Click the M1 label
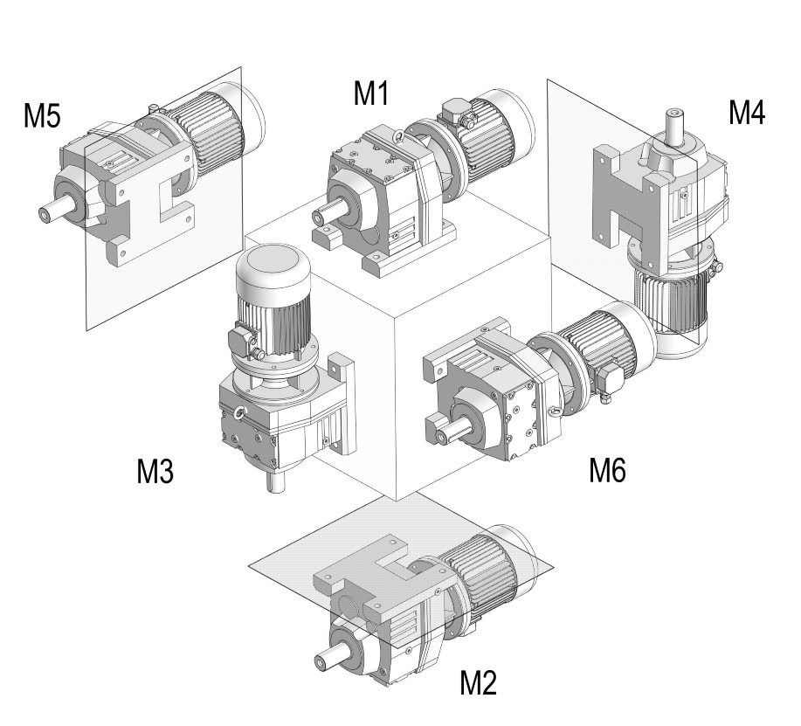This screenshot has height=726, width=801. click(x=370, y=93)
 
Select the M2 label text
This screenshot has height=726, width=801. click(x=478, y=682)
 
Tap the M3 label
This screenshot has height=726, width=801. click(x=155, y=472)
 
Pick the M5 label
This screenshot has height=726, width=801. click(x=42, y=116)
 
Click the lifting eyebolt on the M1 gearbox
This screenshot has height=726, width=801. click(x=397, y=136)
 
